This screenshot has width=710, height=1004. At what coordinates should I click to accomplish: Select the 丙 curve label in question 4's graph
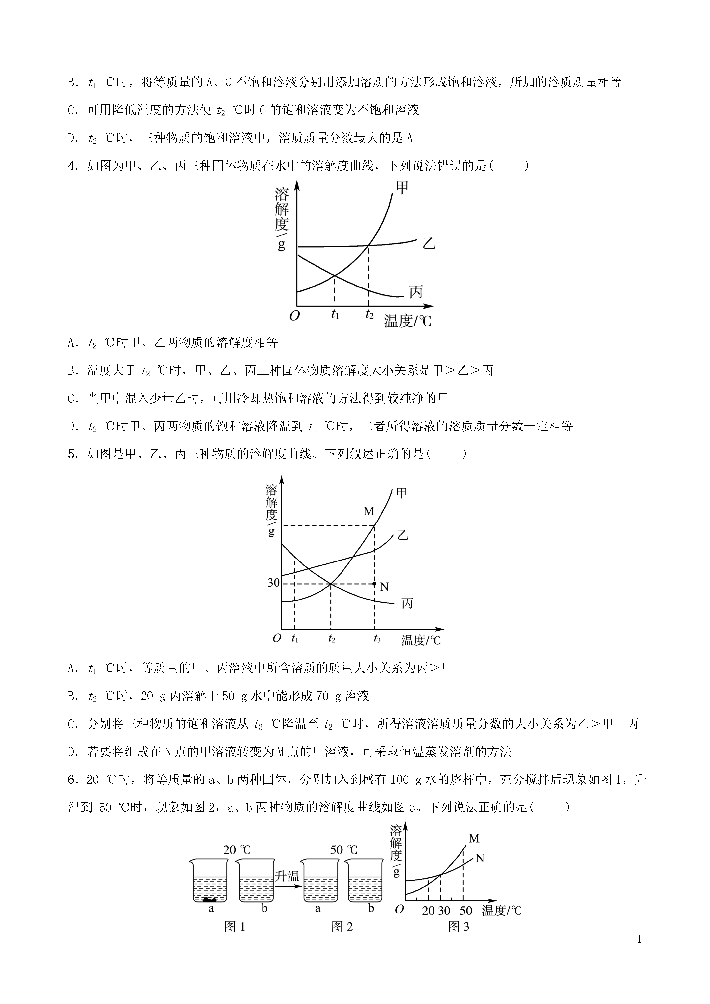click(416, 291)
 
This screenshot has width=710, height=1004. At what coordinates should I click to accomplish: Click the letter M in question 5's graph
click(369, 511)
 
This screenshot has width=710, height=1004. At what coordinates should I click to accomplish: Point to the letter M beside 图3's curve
click(474, 838)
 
